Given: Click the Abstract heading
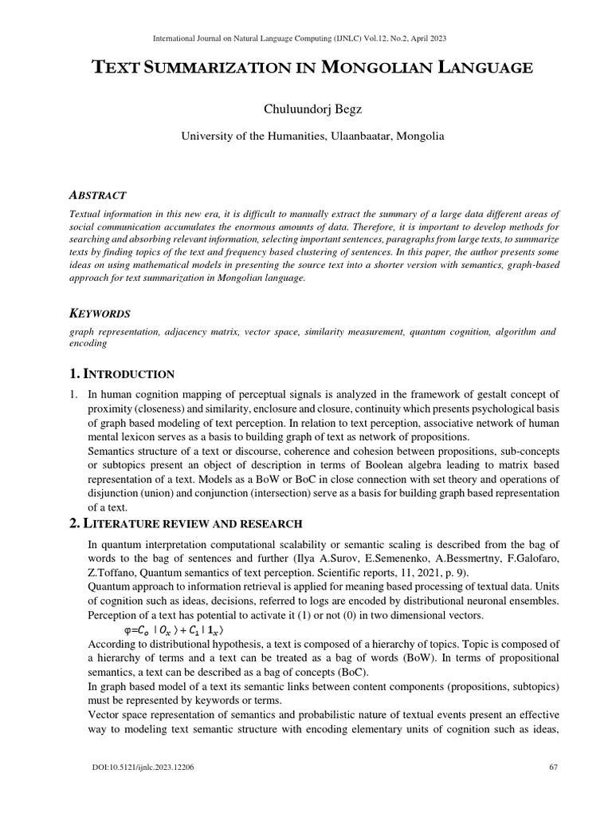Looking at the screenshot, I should click(x=97, y=194).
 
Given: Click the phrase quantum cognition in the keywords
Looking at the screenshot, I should click(x=446, y=331).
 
